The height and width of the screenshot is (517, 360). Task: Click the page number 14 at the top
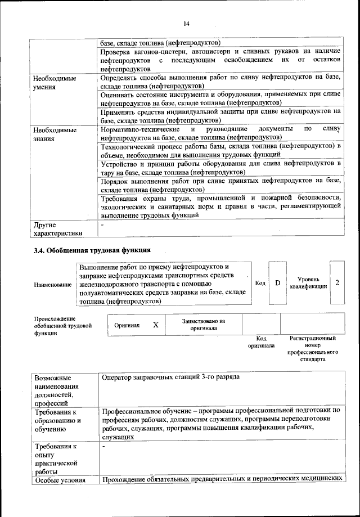point(186,23)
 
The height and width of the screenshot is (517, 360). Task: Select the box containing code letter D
point(277,282)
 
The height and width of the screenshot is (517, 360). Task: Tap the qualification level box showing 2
point(337,282)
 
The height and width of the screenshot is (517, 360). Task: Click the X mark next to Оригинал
point(156,325)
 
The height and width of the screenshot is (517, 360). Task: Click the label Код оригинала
point(261,342)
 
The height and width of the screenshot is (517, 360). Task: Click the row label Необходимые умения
point(55,83)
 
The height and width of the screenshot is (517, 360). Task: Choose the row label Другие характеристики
point(58,229)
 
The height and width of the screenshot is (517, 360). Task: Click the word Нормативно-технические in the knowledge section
point(138,129)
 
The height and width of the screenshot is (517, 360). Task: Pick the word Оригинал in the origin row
point(127,325)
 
